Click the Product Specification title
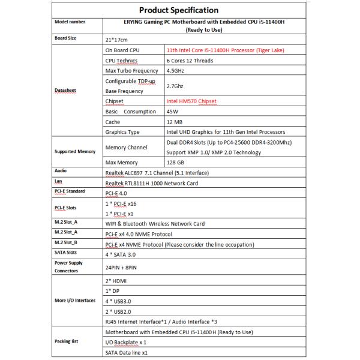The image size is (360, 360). pos(178,10)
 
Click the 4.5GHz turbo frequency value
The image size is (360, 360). pos(176,71)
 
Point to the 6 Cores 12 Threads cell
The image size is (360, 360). pos(191,61)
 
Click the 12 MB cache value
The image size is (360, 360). pos(176,122)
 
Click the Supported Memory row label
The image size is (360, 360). pos(75,152)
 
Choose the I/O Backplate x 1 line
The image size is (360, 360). pos(126,342)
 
